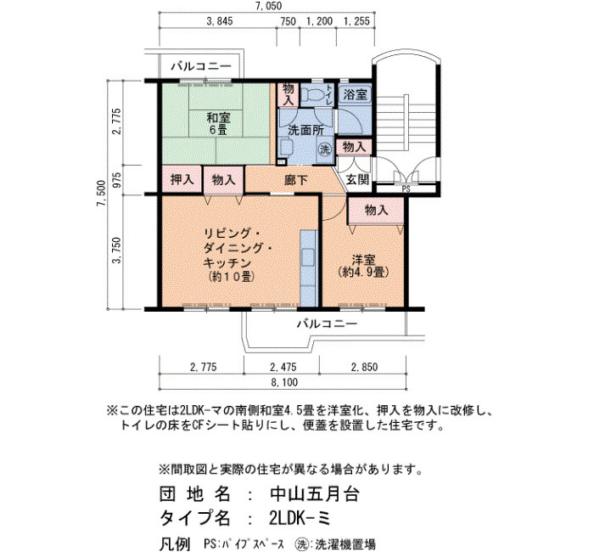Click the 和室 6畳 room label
tap(218, 123)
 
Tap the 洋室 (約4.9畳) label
tap(363, 266)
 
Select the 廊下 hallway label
tap(296, 180)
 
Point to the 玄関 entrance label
tap(357, 179)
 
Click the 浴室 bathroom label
tap(355, 94)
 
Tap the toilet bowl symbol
tap(313, 94)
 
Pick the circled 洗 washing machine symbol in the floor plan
tap(324, 149)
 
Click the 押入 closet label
tap(182, 179)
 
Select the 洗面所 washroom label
tap(306, 131)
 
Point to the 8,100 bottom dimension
tap(284, 382)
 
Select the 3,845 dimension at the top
tap(219, 21)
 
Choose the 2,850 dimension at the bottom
tap(364, 367)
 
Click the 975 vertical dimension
tap(117, 180)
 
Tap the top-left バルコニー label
tap(201, 66)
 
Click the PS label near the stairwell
tap(406, 189)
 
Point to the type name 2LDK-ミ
tap(300, 518)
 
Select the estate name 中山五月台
tap(315, 494)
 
